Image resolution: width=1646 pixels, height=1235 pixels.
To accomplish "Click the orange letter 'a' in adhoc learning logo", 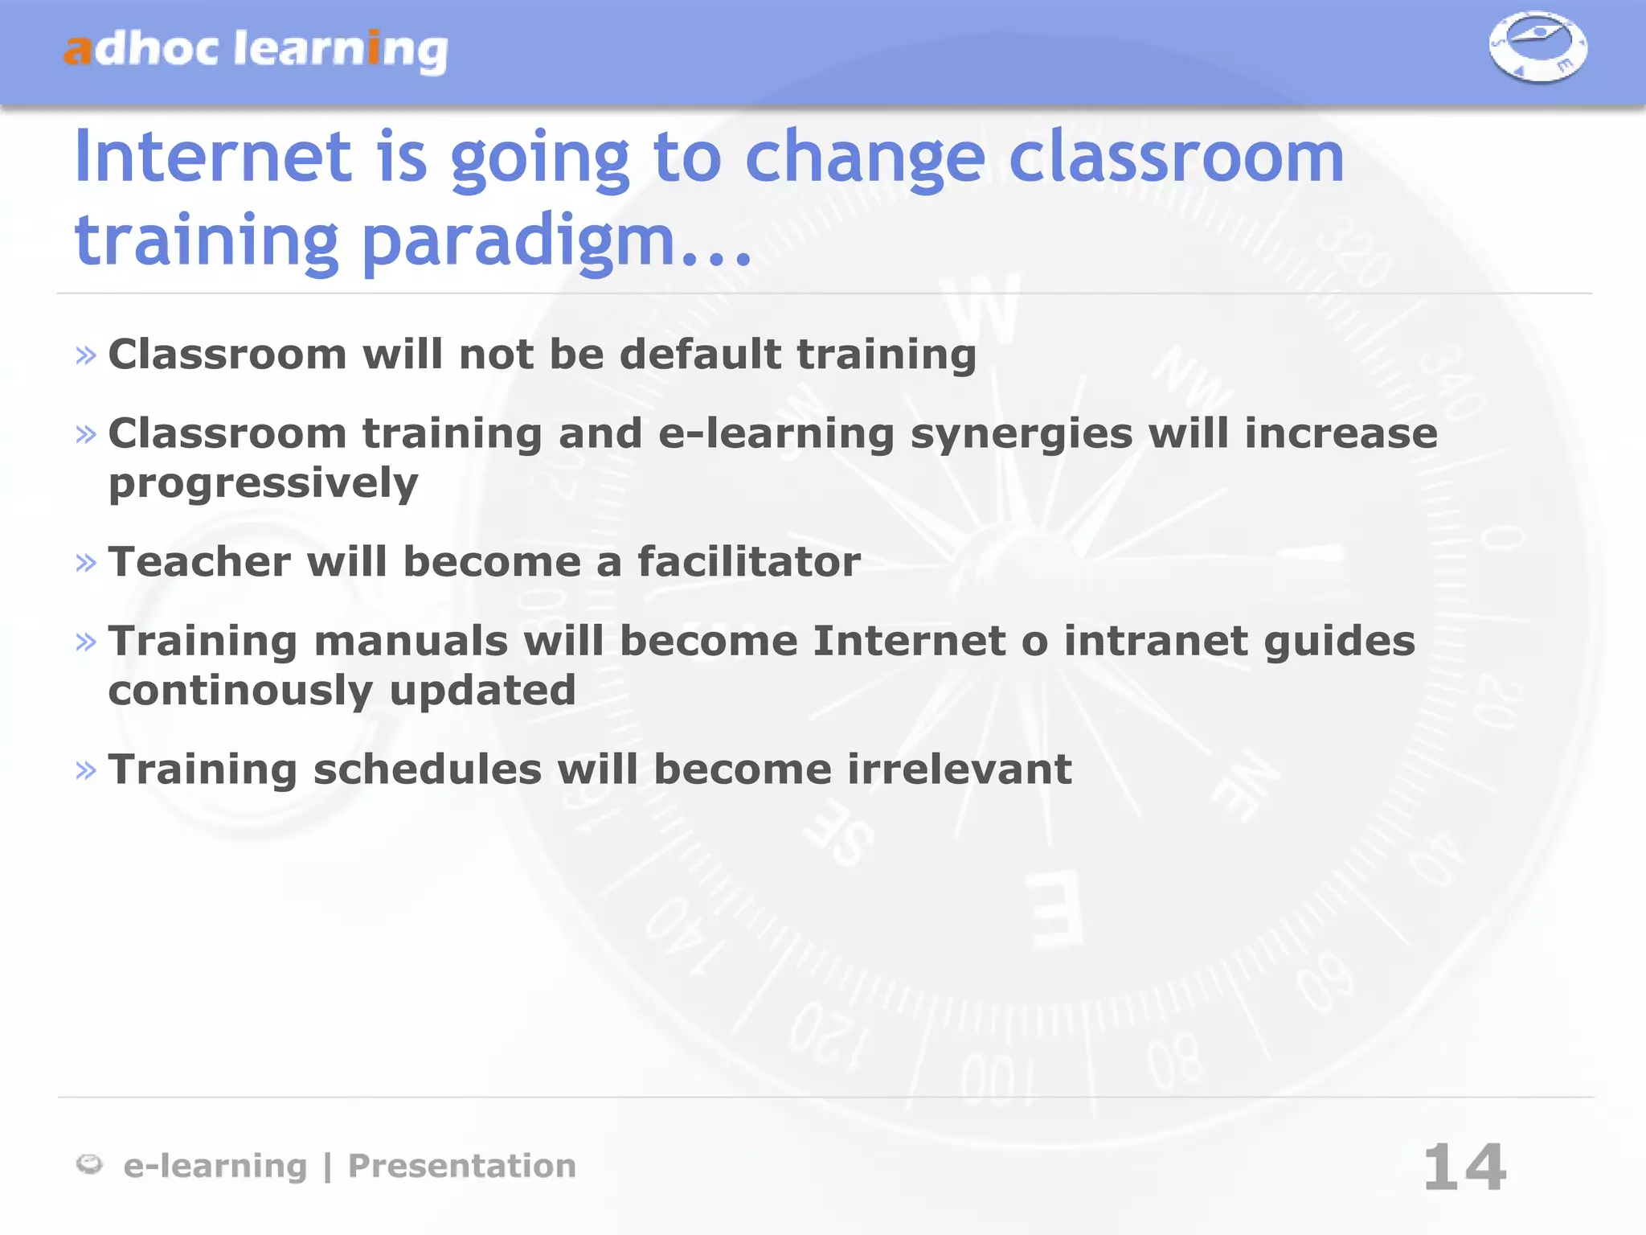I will [78, 51].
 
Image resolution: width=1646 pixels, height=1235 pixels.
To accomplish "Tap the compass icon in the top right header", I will [1537, 47].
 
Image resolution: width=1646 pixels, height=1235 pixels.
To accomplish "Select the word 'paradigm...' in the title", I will [556, 241].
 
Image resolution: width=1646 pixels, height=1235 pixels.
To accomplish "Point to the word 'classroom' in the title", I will [1176, 157].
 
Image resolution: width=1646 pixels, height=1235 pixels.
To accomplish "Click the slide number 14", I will [1464, 1167].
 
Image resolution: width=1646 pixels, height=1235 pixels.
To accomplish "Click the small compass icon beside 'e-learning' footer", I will [89, 1164].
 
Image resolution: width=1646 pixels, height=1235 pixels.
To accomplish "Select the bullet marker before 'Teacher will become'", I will [86, 562].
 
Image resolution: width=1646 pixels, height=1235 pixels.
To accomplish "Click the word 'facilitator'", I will [749, 562].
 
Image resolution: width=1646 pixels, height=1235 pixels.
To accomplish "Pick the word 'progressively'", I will [264, 484].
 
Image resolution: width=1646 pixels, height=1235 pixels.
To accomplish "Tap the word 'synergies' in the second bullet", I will [1021, 435].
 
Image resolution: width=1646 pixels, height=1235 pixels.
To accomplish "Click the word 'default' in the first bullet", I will [700, 355].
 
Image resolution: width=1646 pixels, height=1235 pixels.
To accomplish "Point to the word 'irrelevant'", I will [960, 769].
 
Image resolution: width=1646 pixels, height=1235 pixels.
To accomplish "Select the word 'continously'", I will [241, 691].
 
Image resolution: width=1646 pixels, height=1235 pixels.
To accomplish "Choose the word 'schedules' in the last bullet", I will [428, 769].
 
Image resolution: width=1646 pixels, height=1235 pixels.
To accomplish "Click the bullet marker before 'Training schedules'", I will [86, 770].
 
